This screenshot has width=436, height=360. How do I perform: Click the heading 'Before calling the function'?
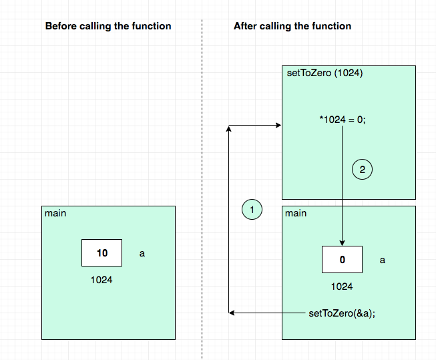click(108, 26)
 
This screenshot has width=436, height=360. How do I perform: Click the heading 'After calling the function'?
click(292, 26)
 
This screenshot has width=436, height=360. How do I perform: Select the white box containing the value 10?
click(101, 253)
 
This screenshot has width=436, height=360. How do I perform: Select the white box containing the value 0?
click(342, 259)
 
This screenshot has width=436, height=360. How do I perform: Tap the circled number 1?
click(252, 210)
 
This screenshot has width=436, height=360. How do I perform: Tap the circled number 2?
click(362, 170)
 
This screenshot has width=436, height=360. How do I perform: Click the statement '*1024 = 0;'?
click(343, 120)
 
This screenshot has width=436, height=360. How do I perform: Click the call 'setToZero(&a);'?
click(342, 313)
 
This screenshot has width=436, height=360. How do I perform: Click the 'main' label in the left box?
click(55, 213)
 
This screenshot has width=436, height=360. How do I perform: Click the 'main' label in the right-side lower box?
click(296, 213)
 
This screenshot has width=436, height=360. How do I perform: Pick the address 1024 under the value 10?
click(101, 280)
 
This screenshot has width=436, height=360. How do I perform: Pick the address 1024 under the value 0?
click(342, 287)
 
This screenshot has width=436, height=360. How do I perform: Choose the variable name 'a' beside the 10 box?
click(142, 254)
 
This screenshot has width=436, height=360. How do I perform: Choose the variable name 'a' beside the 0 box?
click(382, 260)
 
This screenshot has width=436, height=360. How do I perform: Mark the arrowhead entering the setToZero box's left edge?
click(278, 126)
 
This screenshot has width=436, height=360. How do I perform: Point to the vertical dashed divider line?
click(202, 187)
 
